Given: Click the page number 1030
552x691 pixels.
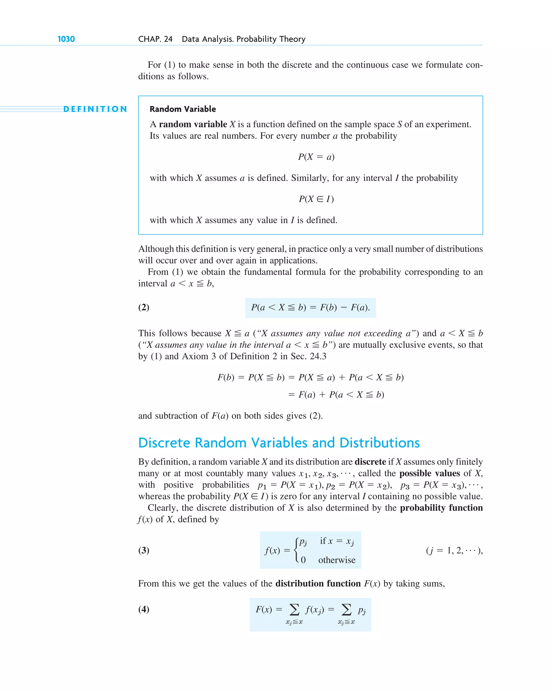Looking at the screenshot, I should tap(66, 39).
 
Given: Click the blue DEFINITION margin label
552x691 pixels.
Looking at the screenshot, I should tap(95, 109).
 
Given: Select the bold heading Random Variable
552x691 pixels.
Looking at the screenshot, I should tap(182, 109).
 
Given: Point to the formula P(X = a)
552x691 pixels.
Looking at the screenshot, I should tap(316, 157).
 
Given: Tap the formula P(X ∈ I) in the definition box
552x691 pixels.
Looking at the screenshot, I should tap(316, 199).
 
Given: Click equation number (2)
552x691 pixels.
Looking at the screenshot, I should tap(144, 307).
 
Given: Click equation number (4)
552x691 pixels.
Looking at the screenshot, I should tap(144, 609).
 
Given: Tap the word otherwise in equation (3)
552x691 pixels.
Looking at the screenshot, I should tap(337, 560).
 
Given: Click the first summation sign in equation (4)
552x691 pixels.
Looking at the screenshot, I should tap(294, 609).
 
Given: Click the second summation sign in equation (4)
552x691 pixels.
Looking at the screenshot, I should tap(346, 609).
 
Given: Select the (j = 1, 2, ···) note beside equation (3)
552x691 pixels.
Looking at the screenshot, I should tap(454, 550).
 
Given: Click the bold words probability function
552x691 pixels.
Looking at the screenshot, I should tap(441, 508).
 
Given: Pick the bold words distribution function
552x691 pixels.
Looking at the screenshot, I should tap(318, 583).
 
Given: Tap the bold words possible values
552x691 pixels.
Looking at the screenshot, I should tap(429, 473).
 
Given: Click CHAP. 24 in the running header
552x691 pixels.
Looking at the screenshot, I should tap(155, 39).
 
